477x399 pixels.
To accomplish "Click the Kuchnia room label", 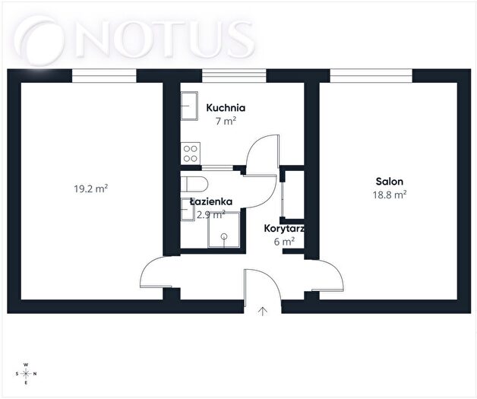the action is [226, 108].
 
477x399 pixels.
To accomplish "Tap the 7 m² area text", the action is [226, 121].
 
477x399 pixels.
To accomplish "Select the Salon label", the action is [390, 182].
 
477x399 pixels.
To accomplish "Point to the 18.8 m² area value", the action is [390, 195].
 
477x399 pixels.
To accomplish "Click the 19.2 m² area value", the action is [91, 188].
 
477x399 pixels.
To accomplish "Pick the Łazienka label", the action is [211, 201].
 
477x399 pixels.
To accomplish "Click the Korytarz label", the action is [284, 228].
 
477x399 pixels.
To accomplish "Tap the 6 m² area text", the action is [284, 242].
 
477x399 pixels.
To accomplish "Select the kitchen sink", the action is [189, 106].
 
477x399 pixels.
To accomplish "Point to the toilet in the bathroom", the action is [194, 184].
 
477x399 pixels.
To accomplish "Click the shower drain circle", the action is [224, 236].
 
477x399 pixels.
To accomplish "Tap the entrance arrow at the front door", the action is [263, 312].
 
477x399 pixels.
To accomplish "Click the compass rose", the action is [26, 373].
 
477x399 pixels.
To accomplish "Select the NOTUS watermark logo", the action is [134, 40].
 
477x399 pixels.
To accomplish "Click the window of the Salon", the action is [371, 75].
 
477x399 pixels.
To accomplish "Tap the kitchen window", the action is [234, 75].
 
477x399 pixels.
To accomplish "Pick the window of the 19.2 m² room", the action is [104, 75].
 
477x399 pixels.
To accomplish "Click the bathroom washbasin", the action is [188, 210].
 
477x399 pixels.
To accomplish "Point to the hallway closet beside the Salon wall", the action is [292, 194].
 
